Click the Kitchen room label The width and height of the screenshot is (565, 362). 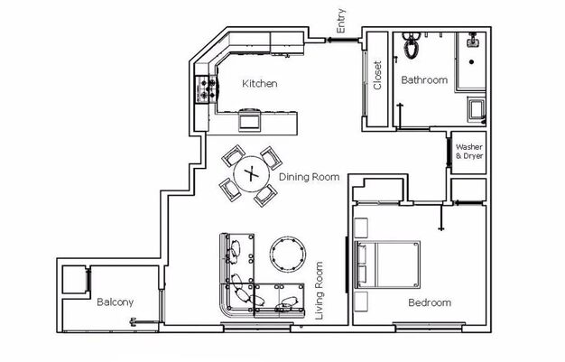259,84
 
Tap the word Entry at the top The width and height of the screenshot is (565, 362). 340,21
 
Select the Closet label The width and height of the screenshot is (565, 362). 377,75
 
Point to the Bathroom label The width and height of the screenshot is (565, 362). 424,79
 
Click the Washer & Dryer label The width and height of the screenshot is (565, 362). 469,152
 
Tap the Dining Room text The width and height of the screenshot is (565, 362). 310,177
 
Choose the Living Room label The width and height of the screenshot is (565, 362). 319,291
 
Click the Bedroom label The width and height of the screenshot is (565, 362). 430,302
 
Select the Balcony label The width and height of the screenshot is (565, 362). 115,302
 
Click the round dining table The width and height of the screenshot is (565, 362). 252,174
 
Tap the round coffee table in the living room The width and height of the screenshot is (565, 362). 288,255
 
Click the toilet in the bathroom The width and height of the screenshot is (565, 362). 412,45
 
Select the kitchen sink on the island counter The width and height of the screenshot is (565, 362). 248,119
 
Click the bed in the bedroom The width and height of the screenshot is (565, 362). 387,265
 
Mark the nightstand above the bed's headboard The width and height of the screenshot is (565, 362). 361,227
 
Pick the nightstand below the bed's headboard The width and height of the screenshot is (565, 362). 361,302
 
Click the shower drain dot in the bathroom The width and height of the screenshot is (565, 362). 471,62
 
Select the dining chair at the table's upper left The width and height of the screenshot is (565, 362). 233,156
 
